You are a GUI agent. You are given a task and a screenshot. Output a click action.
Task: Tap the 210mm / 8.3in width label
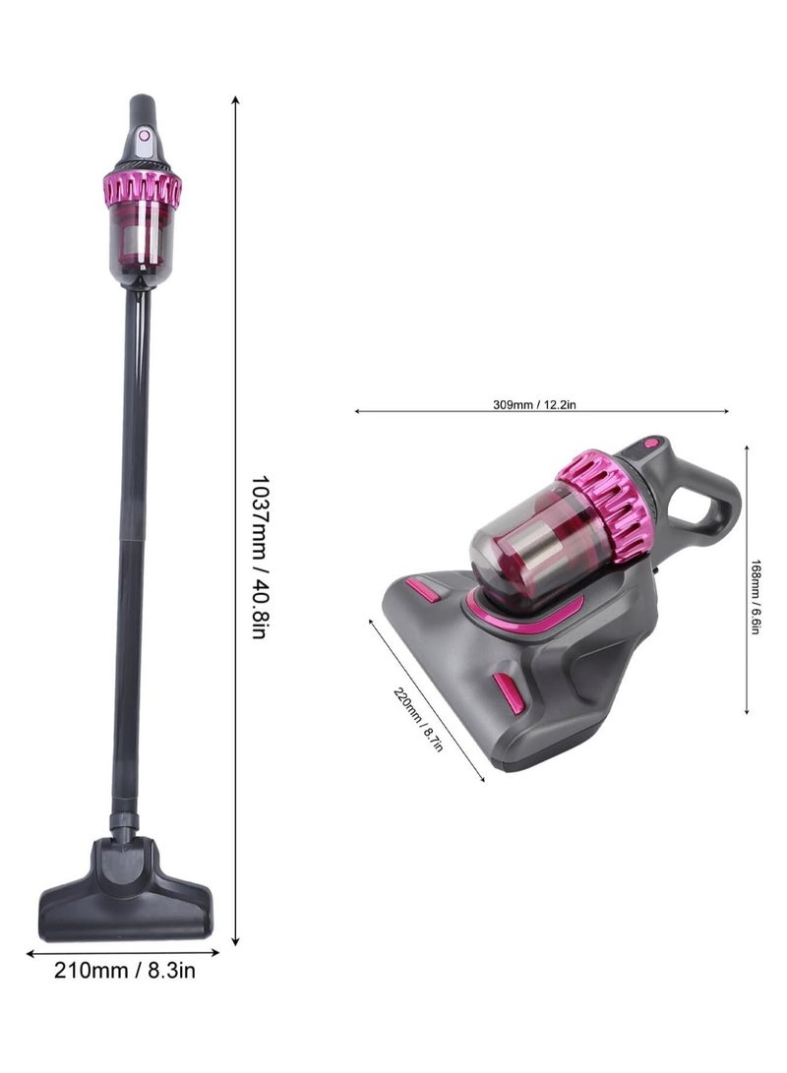pos(125,971)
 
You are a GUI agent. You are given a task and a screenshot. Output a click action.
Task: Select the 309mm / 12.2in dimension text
pos(534,404)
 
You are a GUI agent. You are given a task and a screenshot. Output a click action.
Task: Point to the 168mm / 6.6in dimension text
pos(756,597)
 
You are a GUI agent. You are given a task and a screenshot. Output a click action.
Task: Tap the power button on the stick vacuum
pos(144,136)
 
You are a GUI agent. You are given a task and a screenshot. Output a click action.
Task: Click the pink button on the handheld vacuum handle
pos(649,444)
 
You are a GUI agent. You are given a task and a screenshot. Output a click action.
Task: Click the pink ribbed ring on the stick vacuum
pos(143,189)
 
